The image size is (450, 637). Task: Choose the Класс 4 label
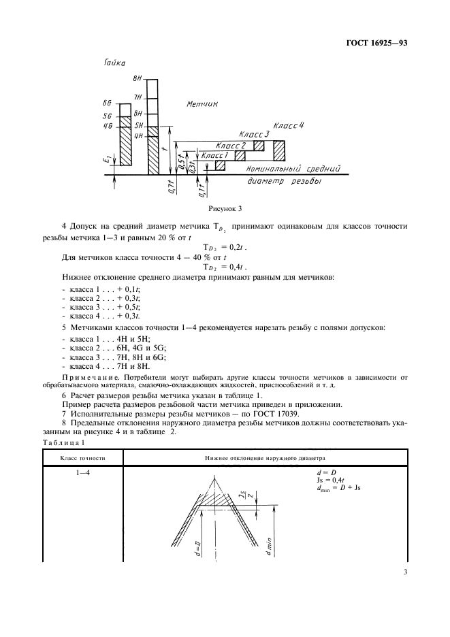tap(289, 127)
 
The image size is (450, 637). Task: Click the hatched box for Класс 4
tap(280, 149)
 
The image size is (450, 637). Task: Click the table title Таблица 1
tap(62, 444)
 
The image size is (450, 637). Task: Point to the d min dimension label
tap(268, 545)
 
